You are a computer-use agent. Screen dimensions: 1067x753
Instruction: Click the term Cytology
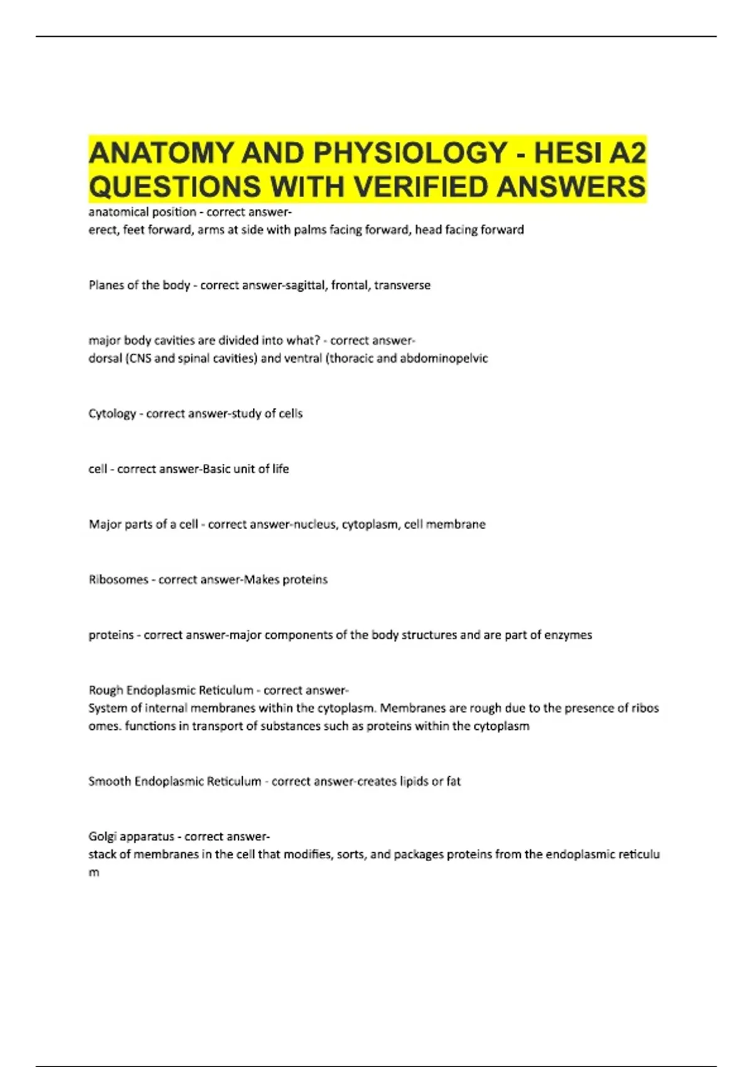tap(112, 414)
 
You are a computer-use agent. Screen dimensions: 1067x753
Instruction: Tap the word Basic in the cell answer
tap(216, 469)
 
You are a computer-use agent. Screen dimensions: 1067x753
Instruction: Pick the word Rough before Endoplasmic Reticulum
tap(105, 690)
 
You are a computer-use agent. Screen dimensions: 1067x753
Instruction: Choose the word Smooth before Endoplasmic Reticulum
tap(109, 781)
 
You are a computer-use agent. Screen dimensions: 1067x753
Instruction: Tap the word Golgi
tap(102, 837)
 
